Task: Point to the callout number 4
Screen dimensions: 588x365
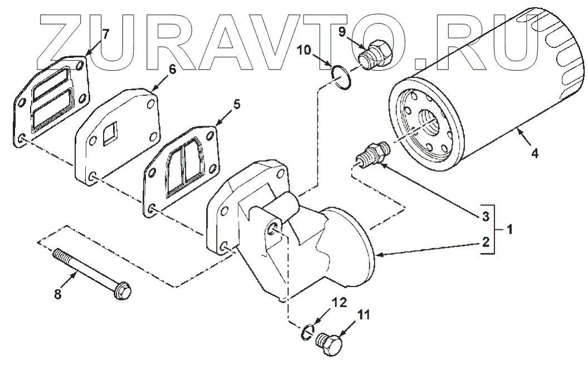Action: [535, 154]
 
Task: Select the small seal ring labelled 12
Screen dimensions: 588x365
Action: [306, 332]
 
